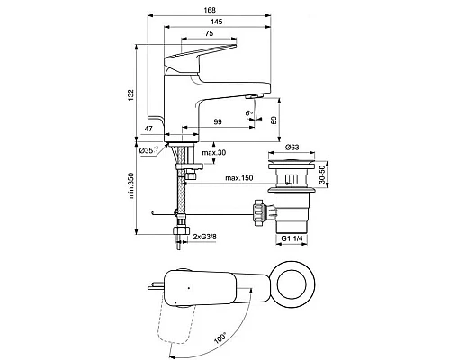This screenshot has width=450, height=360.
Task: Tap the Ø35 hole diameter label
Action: click(154, 151)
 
